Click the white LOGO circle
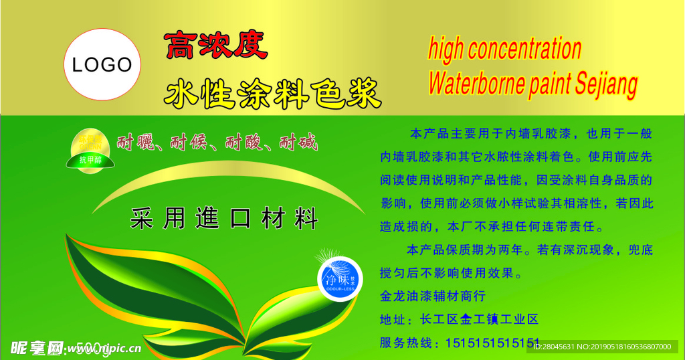pos(102,65)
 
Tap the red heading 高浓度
pos(215,46)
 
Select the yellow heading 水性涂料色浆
pos(272,93)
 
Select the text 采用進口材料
pos(224,219)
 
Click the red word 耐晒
pos(135,143)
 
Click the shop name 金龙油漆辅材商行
pos(432,295)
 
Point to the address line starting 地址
pos(459,319)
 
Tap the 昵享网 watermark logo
pos(37,347)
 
